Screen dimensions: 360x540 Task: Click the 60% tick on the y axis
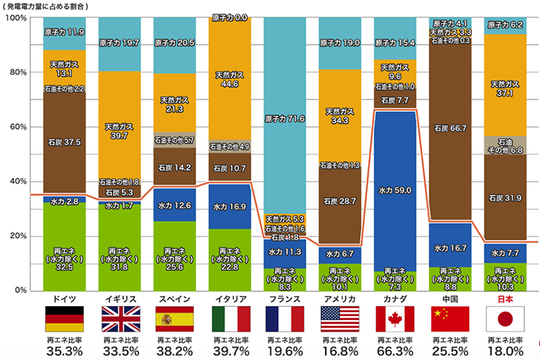17,126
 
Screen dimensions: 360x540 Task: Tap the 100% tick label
15,18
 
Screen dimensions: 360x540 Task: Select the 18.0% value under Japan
505,351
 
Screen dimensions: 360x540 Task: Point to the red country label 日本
505,298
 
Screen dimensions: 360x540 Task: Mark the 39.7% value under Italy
230,351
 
